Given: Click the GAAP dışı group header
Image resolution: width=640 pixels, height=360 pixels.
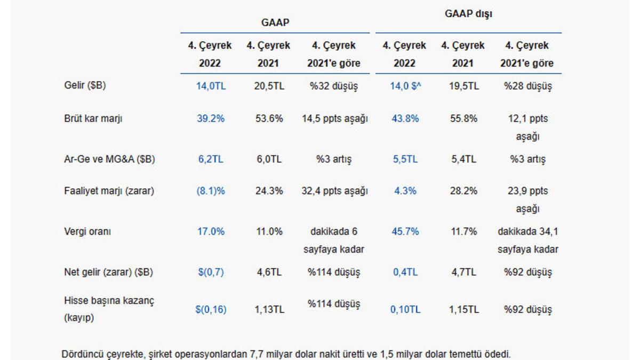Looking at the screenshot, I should tap(468, 14).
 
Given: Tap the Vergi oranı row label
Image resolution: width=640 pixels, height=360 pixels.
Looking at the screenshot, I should tap(85, 231).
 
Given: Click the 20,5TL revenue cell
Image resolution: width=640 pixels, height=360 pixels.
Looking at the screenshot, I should tap(268, 86).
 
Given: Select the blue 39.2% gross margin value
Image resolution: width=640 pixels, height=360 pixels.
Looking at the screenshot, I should tap(210, 119).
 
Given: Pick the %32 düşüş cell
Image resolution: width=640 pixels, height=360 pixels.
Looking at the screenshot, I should tap(333, 86).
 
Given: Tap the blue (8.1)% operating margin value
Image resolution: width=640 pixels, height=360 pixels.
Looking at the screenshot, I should tap(210, 191).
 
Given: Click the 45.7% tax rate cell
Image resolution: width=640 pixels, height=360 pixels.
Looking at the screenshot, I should tap(405, 231).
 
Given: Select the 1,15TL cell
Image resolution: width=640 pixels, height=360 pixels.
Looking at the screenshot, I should tap(463, 309).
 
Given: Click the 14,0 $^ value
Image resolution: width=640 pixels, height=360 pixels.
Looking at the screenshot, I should tap(405, 86).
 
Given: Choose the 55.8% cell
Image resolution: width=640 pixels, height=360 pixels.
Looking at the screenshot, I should tap(463, 119).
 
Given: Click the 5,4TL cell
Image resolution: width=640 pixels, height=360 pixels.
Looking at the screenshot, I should tap(463, 159).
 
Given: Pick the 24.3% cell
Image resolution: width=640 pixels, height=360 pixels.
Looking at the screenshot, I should tap(268, 191).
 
